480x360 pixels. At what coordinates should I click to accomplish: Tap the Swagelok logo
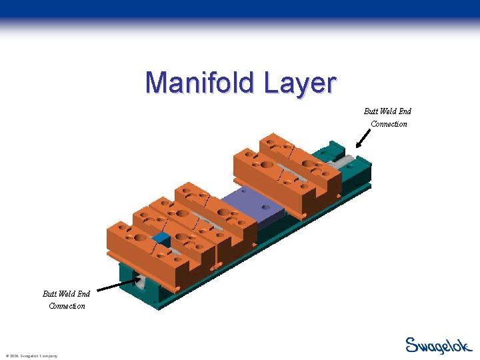(438, 345)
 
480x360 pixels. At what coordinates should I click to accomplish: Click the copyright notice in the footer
(31, 356)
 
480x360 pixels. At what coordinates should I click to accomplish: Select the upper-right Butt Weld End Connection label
(388, 117)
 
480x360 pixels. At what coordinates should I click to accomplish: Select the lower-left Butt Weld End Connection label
(66, 299)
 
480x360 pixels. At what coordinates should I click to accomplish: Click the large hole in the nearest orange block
(141, 237)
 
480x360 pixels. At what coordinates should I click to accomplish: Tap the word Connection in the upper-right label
(389, 124)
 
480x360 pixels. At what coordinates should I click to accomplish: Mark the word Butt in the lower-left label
(50, 293)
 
